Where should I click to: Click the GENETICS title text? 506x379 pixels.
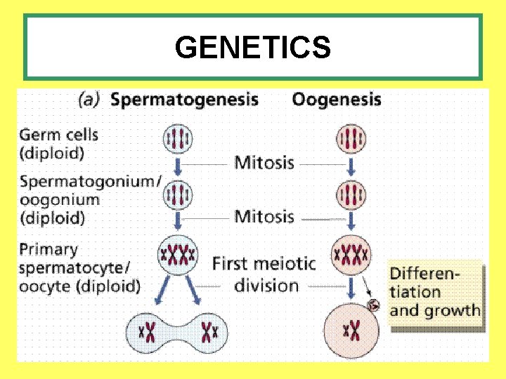[x=252, y=48]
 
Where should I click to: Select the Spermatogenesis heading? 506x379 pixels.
[x=184, y=99]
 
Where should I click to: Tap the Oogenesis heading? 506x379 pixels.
[x=337, y=99]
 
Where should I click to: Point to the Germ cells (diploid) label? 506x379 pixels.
[x=60, y=142]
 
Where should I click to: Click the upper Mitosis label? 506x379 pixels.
[x=264, y=163]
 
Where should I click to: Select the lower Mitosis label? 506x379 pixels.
[x=264, y=215]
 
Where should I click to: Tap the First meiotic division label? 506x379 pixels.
[x=265, y=274]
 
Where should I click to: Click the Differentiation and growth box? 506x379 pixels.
[x=435, y=292]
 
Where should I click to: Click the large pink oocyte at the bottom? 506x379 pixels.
[x=351, y=328]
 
